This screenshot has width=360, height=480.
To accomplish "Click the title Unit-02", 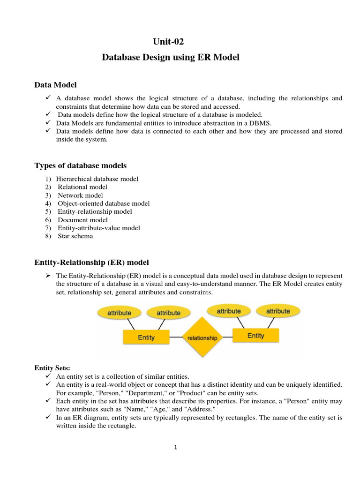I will [171, 42].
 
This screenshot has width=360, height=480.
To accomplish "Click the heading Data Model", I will [56, 85].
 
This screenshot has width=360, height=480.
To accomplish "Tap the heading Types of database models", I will [80, 165].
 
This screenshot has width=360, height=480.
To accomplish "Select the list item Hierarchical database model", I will [97, 179].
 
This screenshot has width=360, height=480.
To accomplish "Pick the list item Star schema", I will [75, 236].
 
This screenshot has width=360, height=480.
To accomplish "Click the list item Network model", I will [80, 195].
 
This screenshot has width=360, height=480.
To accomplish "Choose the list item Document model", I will [82, 220].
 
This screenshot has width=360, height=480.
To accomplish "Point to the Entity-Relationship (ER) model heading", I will [92, 262].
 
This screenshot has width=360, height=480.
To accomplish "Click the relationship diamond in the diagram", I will [202, 337].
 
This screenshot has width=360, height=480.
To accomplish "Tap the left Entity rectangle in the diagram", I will [146, 337].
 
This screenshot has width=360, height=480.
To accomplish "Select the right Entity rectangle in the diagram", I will [255, 335].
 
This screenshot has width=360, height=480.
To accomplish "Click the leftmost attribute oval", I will [119, 313].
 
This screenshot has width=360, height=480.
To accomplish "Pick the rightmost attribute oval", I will [278, 311].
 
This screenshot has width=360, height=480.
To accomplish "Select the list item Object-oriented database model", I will [104, 203].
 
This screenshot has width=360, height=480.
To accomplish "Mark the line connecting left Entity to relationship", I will [175, 337].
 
